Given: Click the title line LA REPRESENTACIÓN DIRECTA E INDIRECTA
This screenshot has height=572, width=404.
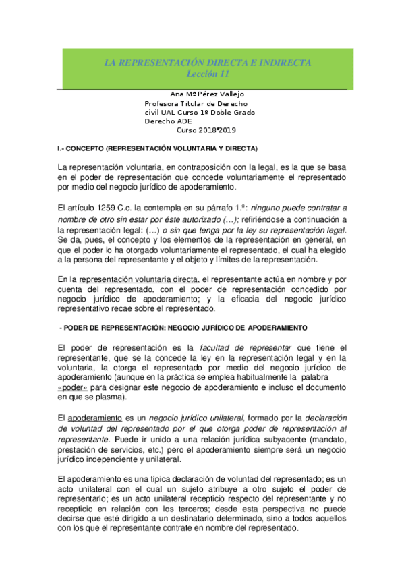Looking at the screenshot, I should tap(207, 63).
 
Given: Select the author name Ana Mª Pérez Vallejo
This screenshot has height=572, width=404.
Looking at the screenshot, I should tap(202, 94).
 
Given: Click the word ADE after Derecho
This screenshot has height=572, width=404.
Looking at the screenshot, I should tap(183, 121).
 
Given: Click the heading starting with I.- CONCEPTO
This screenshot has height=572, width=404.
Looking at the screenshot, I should tap(157, 148).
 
